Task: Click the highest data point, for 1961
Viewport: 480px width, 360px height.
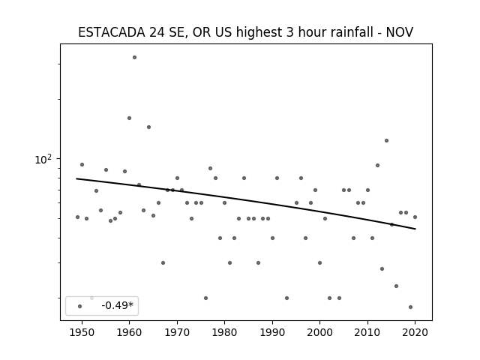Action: click(x=134, y=57)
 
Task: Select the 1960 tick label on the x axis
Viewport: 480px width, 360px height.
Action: click(x=130, y=332)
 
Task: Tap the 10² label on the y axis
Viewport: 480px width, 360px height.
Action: click(x=43, y=159)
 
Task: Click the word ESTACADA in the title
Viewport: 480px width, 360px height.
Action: click(x=112, y=32)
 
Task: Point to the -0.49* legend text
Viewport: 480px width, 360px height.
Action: click(x=118, y=305)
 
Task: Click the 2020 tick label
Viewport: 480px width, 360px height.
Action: click(x=415, y=332)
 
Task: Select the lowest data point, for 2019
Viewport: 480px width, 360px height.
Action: click(x=410, y=307)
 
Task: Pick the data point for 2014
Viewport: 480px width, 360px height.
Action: click(x=387, y=140)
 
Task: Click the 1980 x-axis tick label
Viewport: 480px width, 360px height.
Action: click(x=225, y=332)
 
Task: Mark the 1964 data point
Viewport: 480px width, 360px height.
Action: click(x=148, y=127)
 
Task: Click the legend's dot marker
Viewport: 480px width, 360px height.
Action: click(x=80, y=306)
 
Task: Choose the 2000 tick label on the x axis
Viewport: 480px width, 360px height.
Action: click(x=320, y=332)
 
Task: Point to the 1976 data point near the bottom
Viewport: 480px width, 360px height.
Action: click(x=205, y=298)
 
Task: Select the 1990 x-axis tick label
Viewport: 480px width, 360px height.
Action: click(x=272, y=332)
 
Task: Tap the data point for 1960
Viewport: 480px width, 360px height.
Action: click(x=129, y=118)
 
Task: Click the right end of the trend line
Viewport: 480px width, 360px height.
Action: click(x=415, y=229)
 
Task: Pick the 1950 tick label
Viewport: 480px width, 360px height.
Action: click(x=82, y=332)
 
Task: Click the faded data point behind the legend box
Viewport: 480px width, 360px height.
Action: click(x=91, y=298)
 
